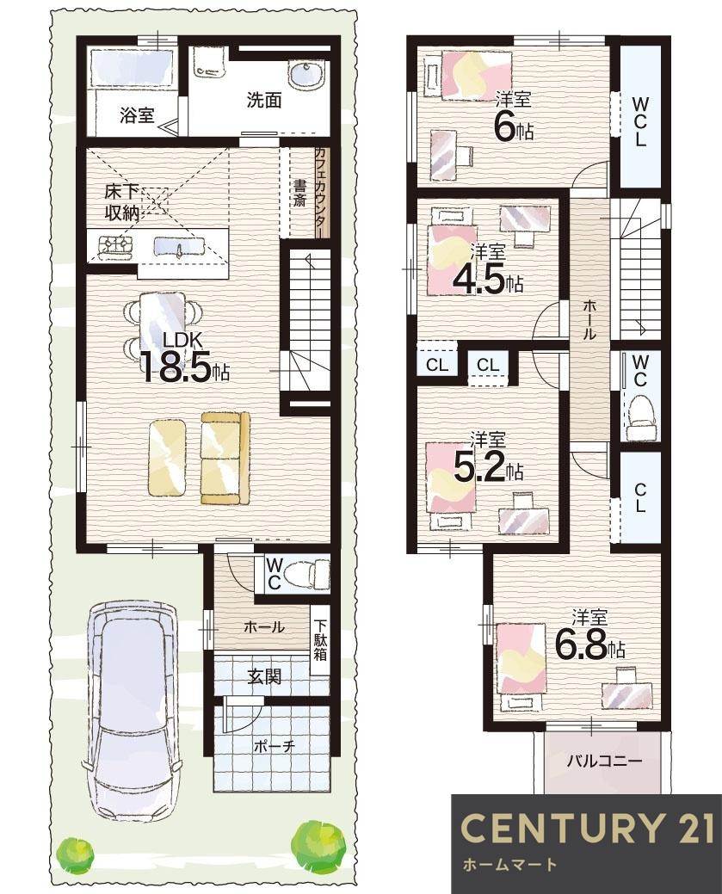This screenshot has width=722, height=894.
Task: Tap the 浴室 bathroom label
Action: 136,115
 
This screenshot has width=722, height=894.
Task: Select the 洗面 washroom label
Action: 264,100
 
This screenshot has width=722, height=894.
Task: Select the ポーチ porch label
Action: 274,746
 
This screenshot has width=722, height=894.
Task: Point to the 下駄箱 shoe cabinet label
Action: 320,641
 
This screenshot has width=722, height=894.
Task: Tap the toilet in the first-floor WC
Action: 309,572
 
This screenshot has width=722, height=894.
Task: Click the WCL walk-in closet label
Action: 640,122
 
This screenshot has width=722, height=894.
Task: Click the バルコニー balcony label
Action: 603,761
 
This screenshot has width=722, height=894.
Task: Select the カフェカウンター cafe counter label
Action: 320,192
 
